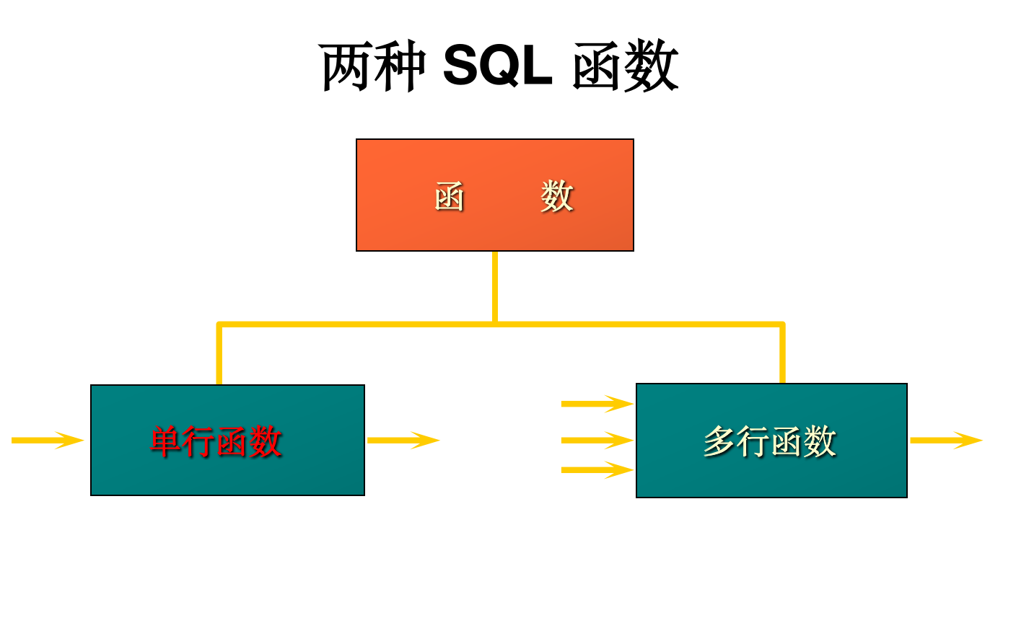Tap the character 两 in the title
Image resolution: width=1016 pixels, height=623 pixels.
coord(346,67)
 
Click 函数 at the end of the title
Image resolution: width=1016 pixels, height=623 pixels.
coord(625,67)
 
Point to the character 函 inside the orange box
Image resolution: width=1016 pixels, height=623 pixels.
coord(450,196)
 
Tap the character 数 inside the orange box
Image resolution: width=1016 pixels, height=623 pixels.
coord(556,196)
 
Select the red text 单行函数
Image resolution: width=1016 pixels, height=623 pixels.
coord(216,441)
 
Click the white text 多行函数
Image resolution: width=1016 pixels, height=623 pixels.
coord(769,441)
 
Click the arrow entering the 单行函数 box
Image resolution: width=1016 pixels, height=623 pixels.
coord(48,440)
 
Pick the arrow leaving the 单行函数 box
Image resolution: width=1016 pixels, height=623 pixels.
coord(403,440)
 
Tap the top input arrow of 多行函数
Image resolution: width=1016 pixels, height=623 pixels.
coord(597,404)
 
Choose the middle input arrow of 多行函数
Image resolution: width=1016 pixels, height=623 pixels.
coord(597,440)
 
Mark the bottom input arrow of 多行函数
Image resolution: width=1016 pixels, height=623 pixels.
coord(597,470)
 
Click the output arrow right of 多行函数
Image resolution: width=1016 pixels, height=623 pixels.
coord(946,440)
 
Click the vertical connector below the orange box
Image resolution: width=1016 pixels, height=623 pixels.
coord(495,286)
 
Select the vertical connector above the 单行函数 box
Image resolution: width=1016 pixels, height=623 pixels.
coord(219,355)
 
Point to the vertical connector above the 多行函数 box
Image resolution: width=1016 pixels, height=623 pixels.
coord(782,354)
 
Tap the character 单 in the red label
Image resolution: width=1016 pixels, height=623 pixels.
coord(166,441)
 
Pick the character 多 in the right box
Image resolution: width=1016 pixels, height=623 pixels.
coord(719,441)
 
